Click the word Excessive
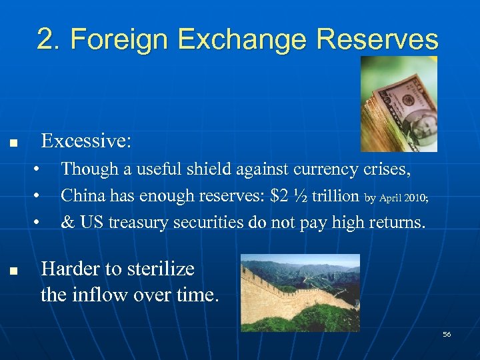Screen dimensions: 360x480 (86, 141)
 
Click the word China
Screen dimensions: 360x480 (83, 196)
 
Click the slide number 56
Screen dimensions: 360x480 (447, 333)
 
